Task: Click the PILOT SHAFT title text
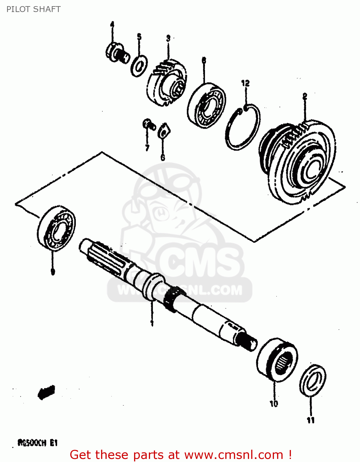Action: point(33,9)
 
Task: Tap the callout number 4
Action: point(112,24)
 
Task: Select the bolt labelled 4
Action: point(117,54)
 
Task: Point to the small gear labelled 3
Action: point(166,83)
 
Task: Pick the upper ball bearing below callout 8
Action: point(206,105)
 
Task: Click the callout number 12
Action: point(245,83)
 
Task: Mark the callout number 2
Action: point(305,96)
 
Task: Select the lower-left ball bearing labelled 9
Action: point(56,227)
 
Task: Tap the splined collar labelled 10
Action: point(277,359)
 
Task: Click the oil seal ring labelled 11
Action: point(312,381)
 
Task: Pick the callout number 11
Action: point(311,420)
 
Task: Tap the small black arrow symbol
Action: point(46,392)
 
